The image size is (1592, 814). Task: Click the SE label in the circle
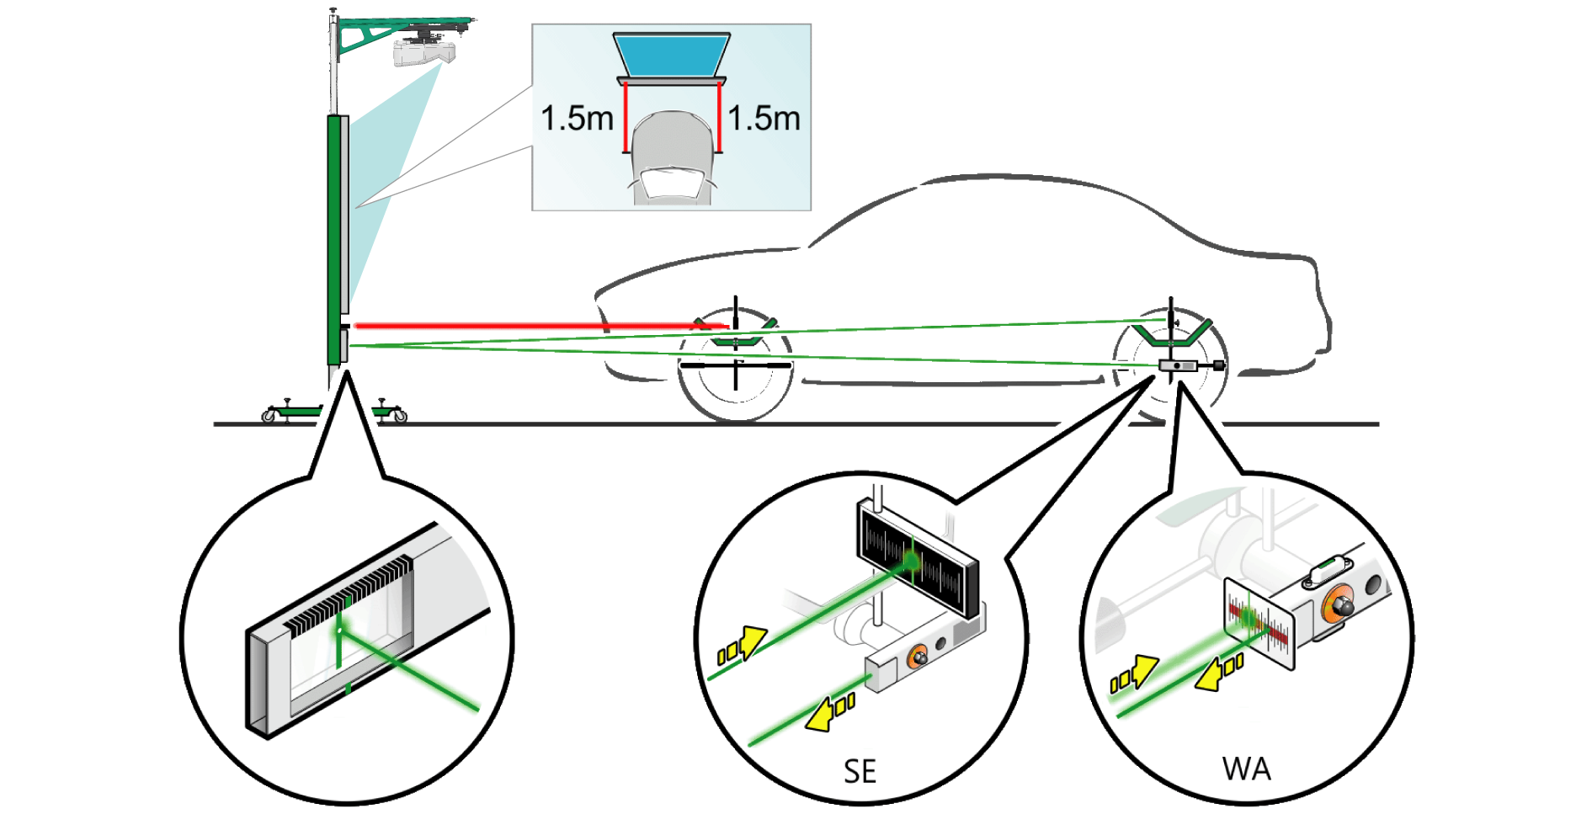pos(860,771)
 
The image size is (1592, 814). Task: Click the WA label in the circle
pos(1246,769)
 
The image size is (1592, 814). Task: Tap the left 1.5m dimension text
pos(577,119)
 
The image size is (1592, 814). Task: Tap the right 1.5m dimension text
pos(764,119)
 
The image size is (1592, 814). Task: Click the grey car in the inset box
pos(672,158)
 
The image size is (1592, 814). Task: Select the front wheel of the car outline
pos(735,369)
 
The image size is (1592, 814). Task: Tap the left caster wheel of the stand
pos(269,415)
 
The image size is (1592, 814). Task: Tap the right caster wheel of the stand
pos(399,415)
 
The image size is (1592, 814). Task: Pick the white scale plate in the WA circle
pos(1259,623)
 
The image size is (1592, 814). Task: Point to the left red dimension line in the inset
pos(626,117)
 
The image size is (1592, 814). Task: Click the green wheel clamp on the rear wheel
pos(1170,333)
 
